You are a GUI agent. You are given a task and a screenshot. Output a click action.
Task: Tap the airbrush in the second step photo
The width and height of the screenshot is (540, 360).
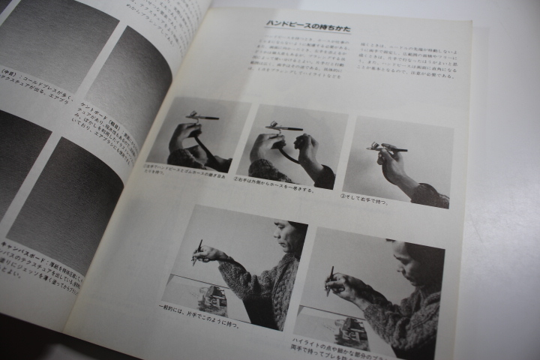pos(283,128)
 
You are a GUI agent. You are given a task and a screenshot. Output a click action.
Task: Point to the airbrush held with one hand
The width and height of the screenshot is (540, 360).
pos(197,252)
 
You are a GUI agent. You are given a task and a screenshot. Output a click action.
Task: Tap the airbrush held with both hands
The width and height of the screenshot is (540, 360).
pos(331,280)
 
